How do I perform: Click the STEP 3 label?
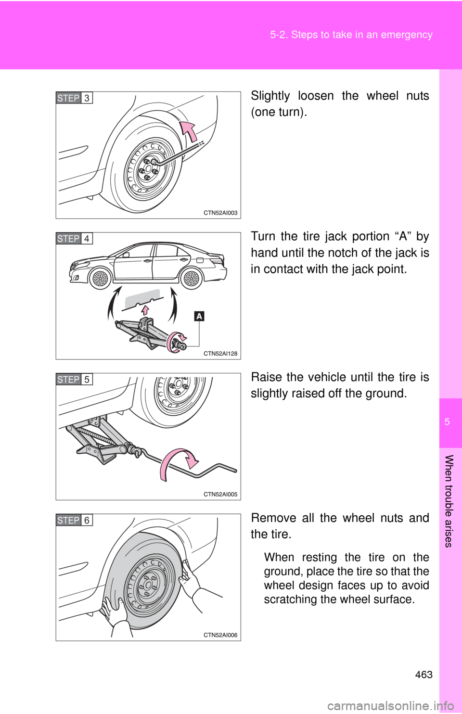pyautogui.click(x=74, y=98)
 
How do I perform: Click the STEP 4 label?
pyautogui.click(x=74, y=239)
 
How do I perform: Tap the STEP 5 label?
pyautogui.click(x=74, y=380)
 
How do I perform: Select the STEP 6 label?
pyautogui.click(x=74, y=520)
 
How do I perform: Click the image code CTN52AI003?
pyautogui.click(x=220, y=213)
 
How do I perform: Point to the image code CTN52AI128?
pyautogui.click(x=220, y=353)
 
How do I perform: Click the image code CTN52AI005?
pyautogui.click(x=220, y=494)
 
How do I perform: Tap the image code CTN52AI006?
pyautogui.click(x=220, y=635)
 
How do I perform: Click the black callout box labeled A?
pyautogui.click(x=199, y=316)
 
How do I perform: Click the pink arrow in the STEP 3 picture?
pyautogui.click(x=190, y=130)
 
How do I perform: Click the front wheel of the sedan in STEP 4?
pyautogui.click(x=100, y=279)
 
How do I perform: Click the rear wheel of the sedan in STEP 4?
pyautogui.click(x=191, y=279)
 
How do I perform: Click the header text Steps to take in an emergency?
pyautogui.click(x=351, y=35)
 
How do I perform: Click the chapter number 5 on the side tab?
pyautogui.click(x=447, y=422)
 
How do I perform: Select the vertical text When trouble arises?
pyautogui.click(x=448, y=501)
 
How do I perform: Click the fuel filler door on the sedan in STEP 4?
pyautogui.click(x=200, y=260)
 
